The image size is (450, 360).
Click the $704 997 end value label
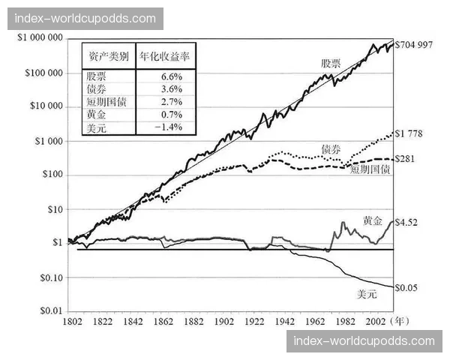tap(414, 44)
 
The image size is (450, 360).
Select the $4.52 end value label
tap(407, 221)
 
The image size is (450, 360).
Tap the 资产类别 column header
tap(108, 57)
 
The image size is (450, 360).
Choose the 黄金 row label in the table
tap(98, 115)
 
